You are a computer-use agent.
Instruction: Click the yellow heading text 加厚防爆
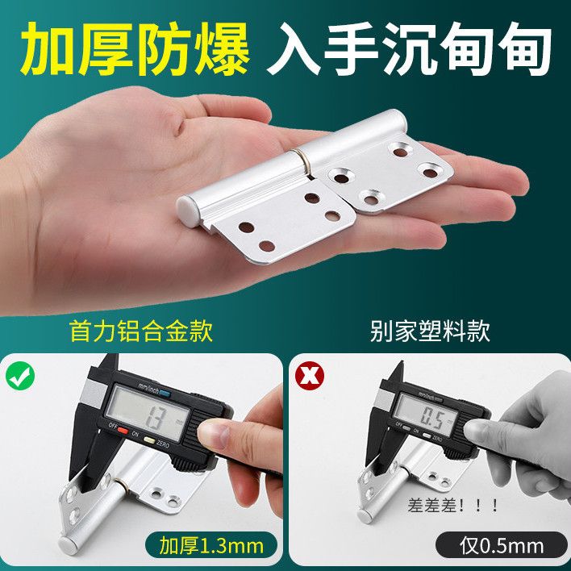click(135, 49)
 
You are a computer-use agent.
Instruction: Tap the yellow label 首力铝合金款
click(142, 331)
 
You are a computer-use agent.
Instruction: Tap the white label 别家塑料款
click(431, 331)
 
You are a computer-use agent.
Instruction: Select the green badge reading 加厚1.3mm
click(211, 546)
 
